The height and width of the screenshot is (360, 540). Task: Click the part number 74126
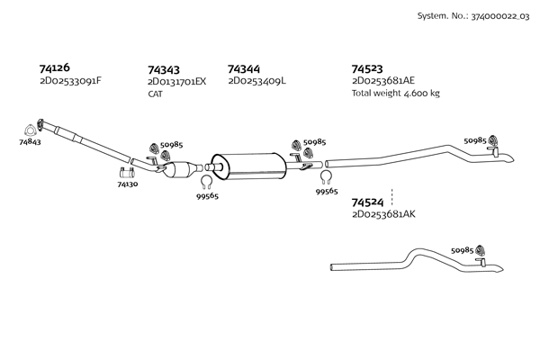click(54, 67)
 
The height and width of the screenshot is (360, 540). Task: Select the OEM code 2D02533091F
click(70, 81)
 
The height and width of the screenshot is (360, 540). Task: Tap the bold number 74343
click(164, 70)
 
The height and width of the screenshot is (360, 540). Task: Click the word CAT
click(156, 94)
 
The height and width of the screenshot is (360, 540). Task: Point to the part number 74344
click(244, 69)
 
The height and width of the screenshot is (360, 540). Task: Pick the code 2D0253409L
click(256, 81)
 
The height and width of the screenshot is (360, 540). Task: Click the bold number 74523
click(367, 69)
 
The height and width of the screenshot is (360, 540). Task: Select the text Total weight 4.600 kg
click(396, 93)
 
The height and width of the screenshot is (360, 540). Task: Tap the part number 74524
click(367, 202)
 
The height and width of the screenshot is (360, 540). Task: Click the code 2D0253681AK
click(383, 214)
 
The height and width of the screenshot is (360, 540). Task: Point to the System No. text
click(473, 16)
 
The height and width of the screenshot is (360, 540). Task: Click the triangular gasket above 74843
click(30, 130)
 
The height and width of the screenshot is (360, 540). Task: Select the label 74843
click(30, 142)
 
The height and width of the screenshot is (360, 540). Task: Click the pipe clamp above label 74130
click(127, 173)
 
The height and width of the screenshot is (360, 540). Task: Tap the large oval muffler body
click(248, 166)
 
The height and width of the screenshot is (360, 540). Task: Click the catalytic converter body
click(180, 169)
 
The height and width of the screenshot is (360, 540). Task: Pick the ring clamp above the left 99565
click(207, 182)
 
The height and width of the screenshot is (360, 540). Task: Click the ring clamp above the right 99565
click(326, 178)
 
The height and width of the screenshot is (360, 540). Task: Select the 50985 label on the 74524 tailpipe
click(463, 250)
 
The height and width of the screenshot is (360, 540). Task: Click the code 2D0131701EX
click(177, 82)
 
